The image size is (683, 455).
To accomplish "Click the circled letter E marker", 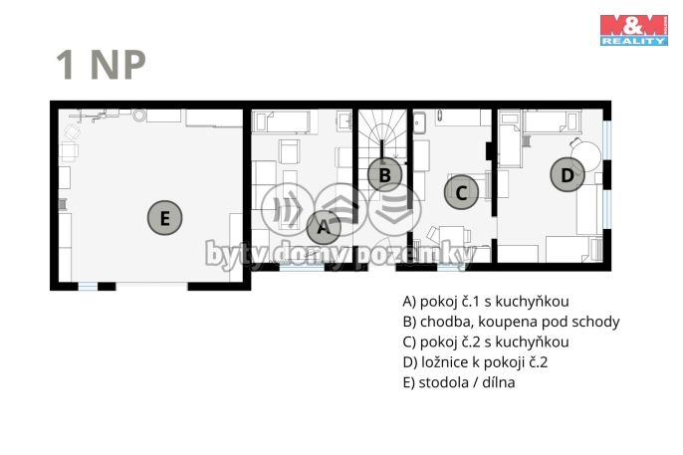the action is pos(164,218).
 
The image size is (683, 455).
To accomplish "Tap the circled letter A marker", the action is pos(324,227).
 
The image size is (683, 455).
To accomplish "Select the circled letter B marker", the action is pos(385,174).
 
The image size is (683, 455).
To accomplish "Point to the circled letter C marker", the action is pos(461,192).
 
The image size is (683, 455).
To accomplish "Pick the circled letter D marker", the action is pos(568,174).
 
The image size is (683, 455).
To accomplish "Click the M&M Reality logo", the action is pos(634,30).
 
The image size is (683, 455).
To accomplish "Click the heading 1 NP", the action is pos(101,65).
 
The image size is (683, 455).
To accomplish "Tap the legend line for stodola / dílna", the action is pos(459,382).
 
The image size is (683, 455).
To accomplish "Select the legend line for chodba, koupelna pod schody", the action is pos(511,322).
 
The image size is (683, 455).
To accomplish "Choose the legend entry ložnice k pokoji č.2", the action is pos(475,362).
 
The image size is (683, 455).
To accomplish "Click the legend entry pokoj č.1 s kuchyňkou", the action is pos(486,302).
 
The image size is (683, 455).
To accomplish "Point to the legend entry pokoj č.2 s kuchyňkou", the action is pos(486,342).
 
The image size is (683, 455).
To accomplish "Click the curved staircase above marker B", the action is pos(382,135).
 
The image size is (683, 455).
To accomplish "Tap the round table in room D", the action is pos(585,156).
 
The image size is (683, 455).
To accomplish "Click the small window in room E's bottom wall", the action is pos(88,286).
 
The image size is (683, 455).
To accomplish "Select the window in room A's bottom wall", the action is pos(302,267).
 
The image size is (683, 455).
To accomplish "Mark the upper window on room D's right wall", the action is pos(606,139).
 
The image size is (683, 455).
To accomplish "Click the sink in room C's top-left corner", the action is pos(419,122).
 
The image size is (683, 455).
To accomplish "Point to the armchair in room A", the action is pos(289,151).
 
